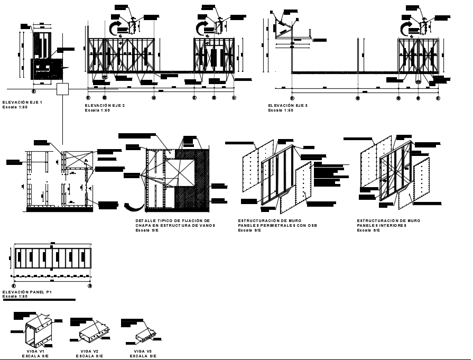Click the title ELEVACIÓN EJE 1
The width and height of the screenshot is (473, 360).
[x=22, y=101]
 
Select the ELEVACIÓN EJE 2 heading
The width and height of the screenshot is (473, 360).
[x=105, y=106]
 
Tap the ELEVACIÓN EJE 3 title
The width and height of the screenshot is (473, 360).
[x=287, y=106]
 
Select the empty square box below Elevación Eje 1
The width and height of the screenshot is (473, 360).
[x=63, y=89]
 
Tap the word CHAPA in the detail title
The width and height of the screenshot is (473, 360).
[x=143, y=226]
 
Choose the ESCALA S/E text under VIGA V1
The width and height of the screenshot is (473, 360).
[x=35, y=356]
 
